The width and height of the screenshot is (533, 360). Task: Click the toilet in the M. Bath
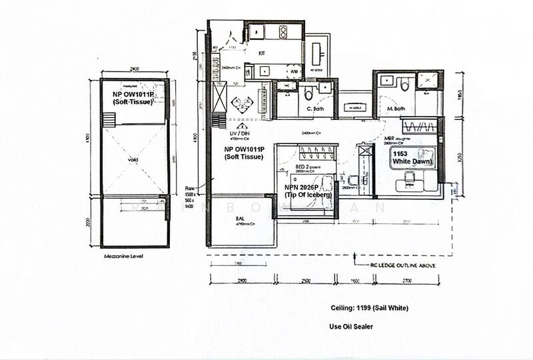[405, 83]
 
